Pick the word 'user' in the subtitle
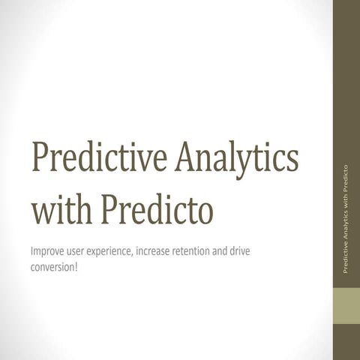click(82, 250)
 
